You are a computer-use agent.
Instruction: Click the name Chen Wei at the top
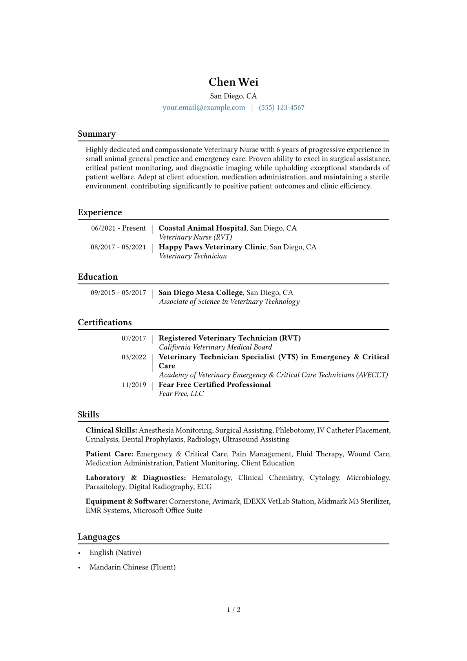click(233, 82)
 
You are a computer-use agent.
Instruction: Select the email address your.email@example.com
click(204, 108)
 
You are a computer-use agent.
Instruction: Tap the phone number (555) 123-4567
click(281, 108)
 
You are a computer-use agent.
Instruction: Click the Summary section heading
click(97, 134)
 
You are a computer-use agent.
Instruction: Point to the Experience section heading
click(100, 212)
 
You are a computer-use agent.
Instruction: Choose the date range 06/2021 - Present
click(119, 228)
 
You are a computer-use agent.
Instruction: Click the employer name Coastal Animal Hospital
click(202, 228)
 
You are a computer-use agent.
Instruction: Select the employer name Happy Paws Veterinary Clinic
click(212, 247)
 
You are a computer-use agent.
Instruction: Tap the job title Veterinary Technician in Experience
click(193, 256)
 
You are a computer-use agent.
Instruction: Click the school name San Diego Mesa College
click(201, 293)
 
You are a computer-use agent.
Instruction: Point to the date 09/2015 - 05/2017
click(118, 293)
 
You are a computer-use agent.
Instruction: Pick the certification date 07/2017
click(134, 338)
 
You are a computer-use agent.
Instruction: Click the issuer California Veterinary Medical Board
click(215, 347)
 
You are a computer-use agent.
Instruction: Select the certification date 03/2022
click(134, 357)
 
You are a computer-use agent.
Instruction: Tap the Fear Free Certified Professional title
click(215, 385)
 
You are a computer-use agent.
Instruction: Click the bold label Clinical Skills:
click(111, 430)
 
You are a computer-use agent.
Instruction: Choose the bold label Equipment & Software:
click(126, 502)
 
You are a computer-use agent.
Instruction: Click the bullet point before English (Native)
click(80, 553)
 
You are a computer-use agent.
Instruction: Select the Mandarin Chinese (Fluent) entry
click(132, 567)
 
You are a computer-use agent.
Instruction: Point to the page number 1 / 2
click(233, 610)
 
